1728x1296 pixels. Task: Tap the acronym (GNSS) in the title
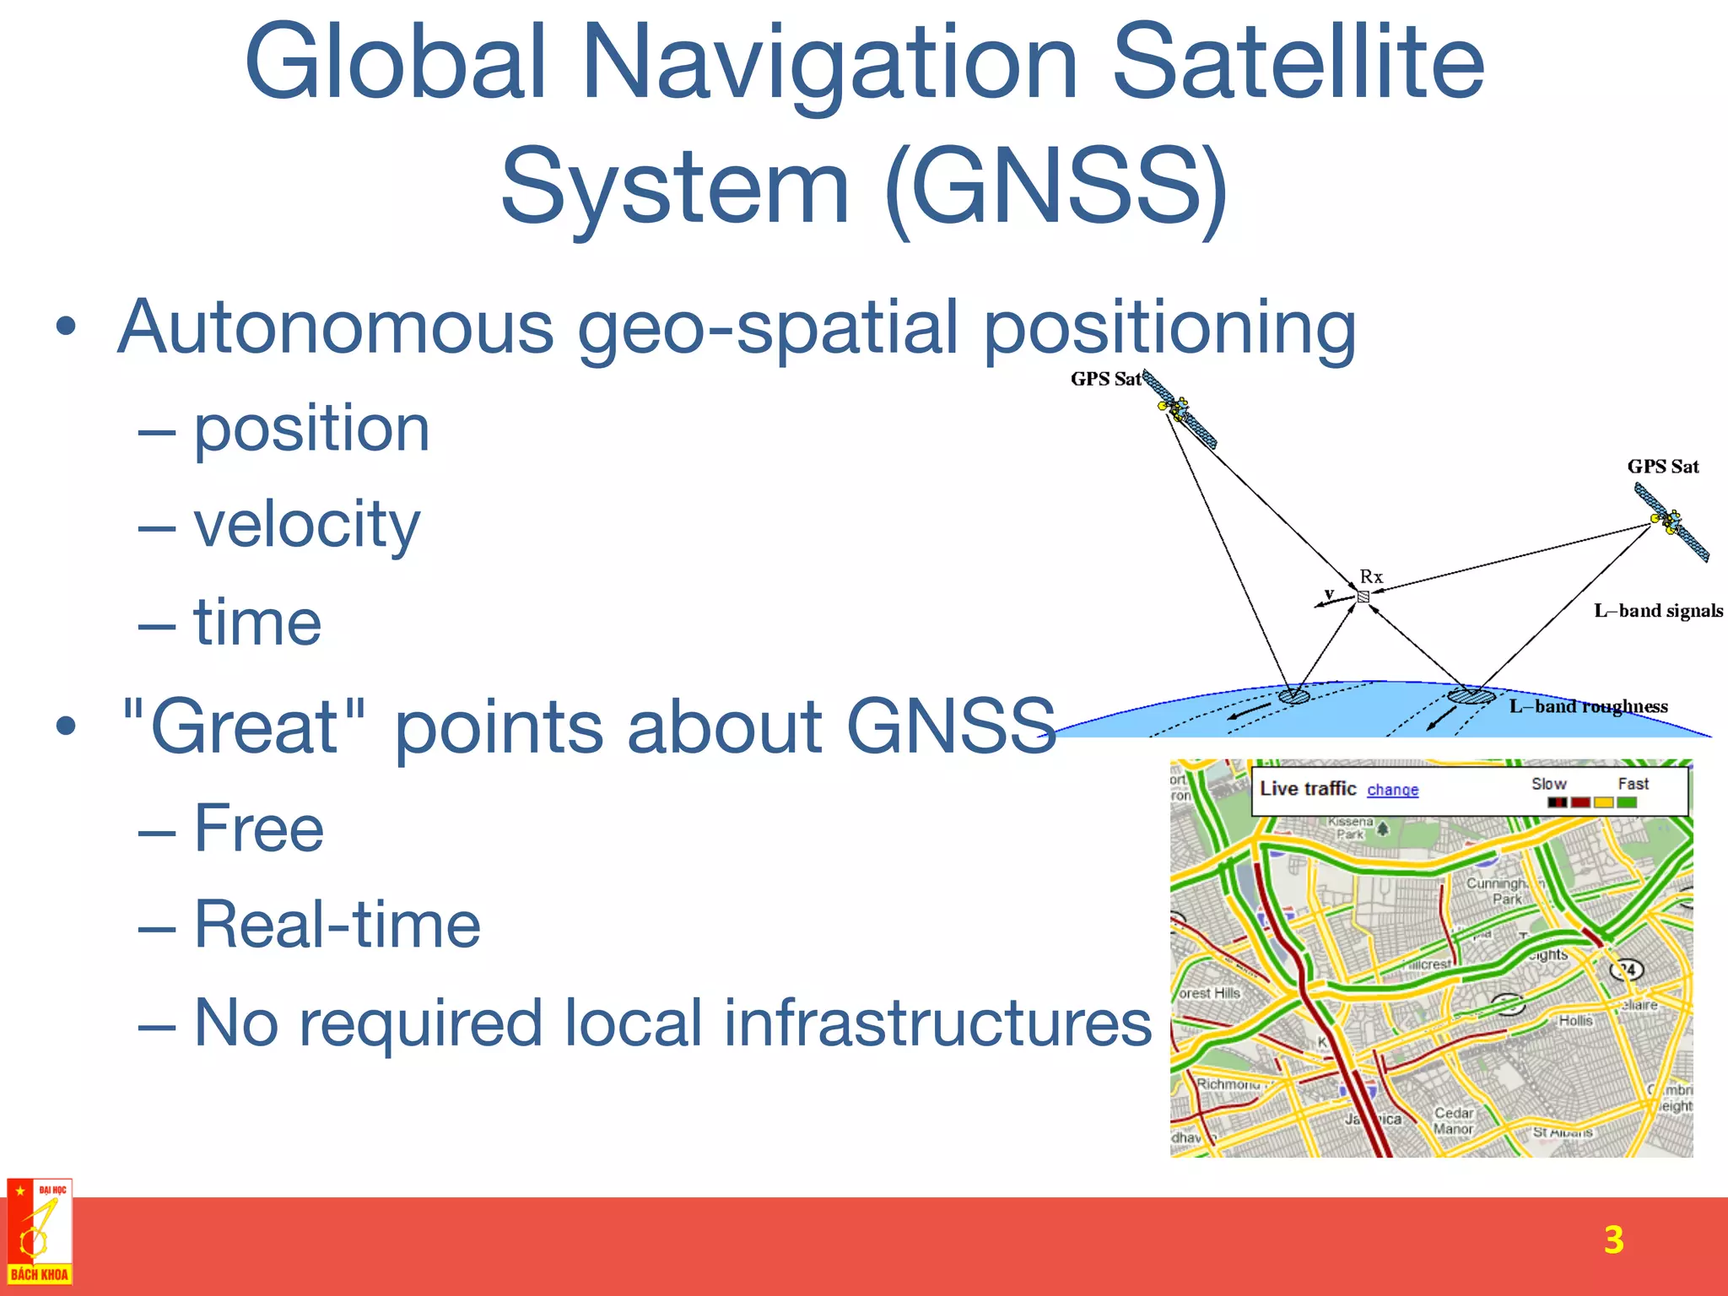coord(1058,187)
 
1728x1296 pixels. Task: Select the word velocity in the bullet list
coord(306,525)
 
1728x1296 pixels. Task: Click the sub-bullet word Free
coord(259,829)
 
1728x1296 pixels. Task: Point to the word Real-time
coord(337,926)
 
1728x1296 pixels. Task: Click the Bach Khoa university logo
coord(40,1232)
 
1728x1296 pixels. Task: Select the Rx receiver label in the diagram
coord(1371,577)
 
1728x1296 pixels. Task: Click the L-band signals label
coord(1658,611)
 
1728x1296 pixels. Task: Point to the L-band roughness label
coord(1588,707)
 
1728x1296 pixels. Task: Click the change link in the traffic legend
coord(1392,791)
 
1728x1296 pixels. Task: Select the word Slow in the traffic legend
coord(1548,784)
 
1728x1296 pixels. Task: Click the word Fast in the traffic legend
coord(1633,784)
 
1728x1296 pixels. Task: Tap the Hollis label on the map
coord(1575,1021)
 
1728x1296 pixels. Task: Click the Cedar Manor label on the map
coord(1454,1121)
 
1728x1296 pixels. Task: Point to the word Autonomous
coord(336,327)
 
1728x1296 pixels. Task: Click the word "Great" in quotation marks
coord(245,726)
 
